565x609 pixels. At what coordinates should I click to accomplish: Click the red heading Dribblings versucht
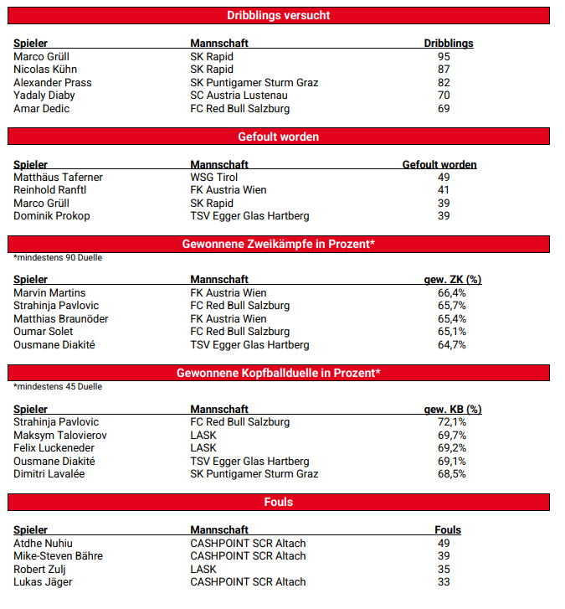(x=279, y=15)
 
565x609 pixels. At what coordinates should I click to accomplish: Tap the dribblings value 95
(x=444, y=56)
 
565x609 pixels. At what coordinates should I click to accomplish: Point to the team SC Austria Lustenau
(x=244, y=95)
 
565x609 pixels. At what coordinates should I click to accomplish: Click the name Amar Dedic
(x=41, y=109)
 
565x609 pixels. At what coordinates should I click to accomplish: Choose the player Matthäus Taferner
(x=58, y=178)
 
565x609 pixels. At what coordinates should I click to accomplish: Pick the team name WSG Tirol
(x=214, y=178)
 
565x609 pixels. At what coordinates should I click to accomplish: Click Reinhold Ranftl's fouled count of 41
(x=444, y=190)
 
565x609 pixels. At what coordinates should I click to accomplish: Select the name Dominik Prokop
(x=51, y=216)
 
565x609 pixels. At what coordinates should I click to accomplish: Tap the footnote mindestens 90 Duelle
(x=58, y=258)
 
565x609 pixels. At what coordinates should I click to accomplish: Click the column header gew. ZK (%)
(x=453, y=280)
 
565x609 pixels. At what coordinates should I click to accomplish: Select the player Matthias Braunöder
(x=61, y=319)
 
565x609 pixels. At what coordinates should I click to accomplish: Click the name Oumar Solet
(x=44, y=332)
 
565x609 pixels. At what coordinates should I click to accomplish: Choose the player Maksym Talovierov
(x=60, y=436)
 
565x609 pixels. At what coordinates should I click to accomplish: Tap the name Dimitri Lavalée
(x=49, y=474)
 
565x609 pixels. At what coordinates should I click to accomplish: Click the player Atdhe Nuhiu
(x=43, y=544)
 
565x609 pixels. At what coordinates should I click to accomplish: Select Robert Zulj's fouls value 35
(x=444, y=569)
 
